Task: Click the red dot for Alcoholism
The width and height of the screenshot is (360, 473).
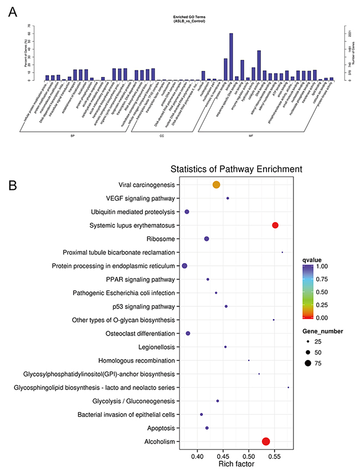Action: pos(266,441)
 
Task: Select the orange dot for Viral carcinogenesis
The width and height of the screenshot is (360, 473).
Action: pos(217,184)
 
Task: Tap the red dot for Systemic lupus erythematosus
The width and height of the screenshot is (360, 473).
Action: pos(275,225)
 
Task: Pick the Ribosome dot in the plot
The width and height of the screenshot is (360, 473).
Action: pos(207,239)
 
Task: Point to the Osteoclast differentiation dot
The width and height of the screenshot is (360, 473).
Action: pos(188,333)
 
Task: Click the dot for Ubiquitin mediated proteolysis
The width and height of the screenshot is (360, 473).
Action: pos(187,212)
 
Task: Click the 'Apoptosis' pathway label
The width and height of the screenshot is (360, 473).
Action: pos(160,428)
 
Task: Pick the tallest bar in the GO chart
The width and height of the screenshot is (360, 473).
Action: pos(231,56)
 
